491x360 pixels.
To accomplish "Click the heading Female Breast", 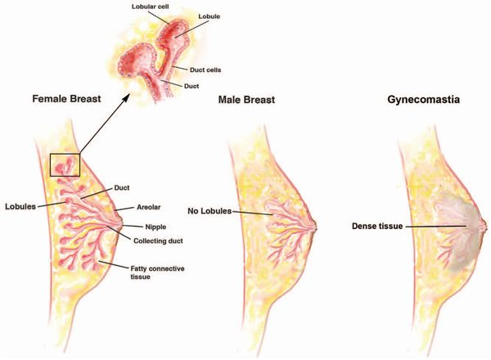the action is (67, 99).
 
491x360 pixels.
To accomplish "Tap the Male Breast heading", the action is (246, 100).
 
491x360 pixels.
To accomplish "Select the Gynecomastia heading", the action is (423, 100).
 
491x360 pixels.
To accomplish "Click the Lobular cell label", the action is (151, 7).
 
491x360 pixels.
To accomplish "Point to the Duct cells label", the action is (205, 70).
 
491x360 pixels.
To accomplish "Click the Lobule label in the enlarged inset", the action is (209, 16).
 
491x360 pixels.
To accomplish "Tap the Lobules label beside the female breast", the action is (20, 207).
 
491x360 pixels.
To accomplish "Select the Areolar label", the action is (148, 207).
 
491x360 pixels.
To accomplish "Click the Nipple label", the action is (155, 227).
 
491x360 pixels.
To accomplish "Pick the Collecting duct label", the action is (158, 241).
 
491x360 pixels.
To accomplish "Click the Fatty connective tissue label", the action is (157, 272).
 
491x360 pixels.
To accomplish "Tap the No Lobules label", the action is (209, 211).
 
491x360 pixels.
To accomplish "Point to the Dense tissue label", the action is (377, 226).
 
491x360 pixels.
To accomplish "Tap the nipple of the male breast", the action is (315, 226).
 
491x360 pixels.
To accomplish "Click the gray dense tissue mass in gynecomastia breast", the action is (460, 232).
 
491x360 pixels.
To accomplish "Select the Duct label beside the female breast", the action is (121, 188).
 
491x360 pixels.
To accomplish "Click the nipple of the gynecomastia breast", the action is (484, 225).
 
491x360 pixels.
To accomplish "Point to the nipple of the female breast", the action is (120, 224).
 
